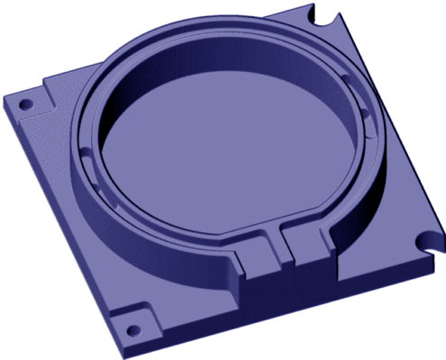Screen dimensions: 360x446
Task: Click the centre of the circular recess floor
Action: click(225, 153)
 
